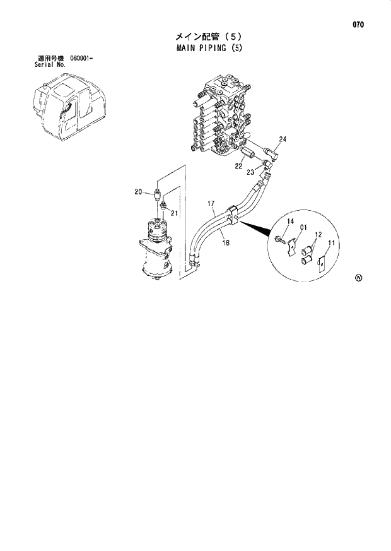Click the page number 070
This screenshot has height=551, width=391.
(358, 25)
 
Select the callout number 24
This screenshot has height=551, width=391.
(283, 139)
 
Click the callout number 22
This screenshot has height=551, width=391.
(238, 166)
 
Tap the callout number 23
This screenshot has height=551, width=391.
(250, 172)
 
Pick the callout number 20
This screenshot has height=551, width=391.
(137, 192)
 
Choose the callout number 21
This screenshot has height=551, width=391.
(175, 213)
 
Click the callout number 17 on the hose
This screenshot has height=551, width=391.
(212, 203)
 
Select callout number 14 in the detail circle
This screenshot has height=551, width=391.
(291, 221)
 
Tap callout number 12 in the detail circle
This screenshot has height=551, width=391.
(318, 234)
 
